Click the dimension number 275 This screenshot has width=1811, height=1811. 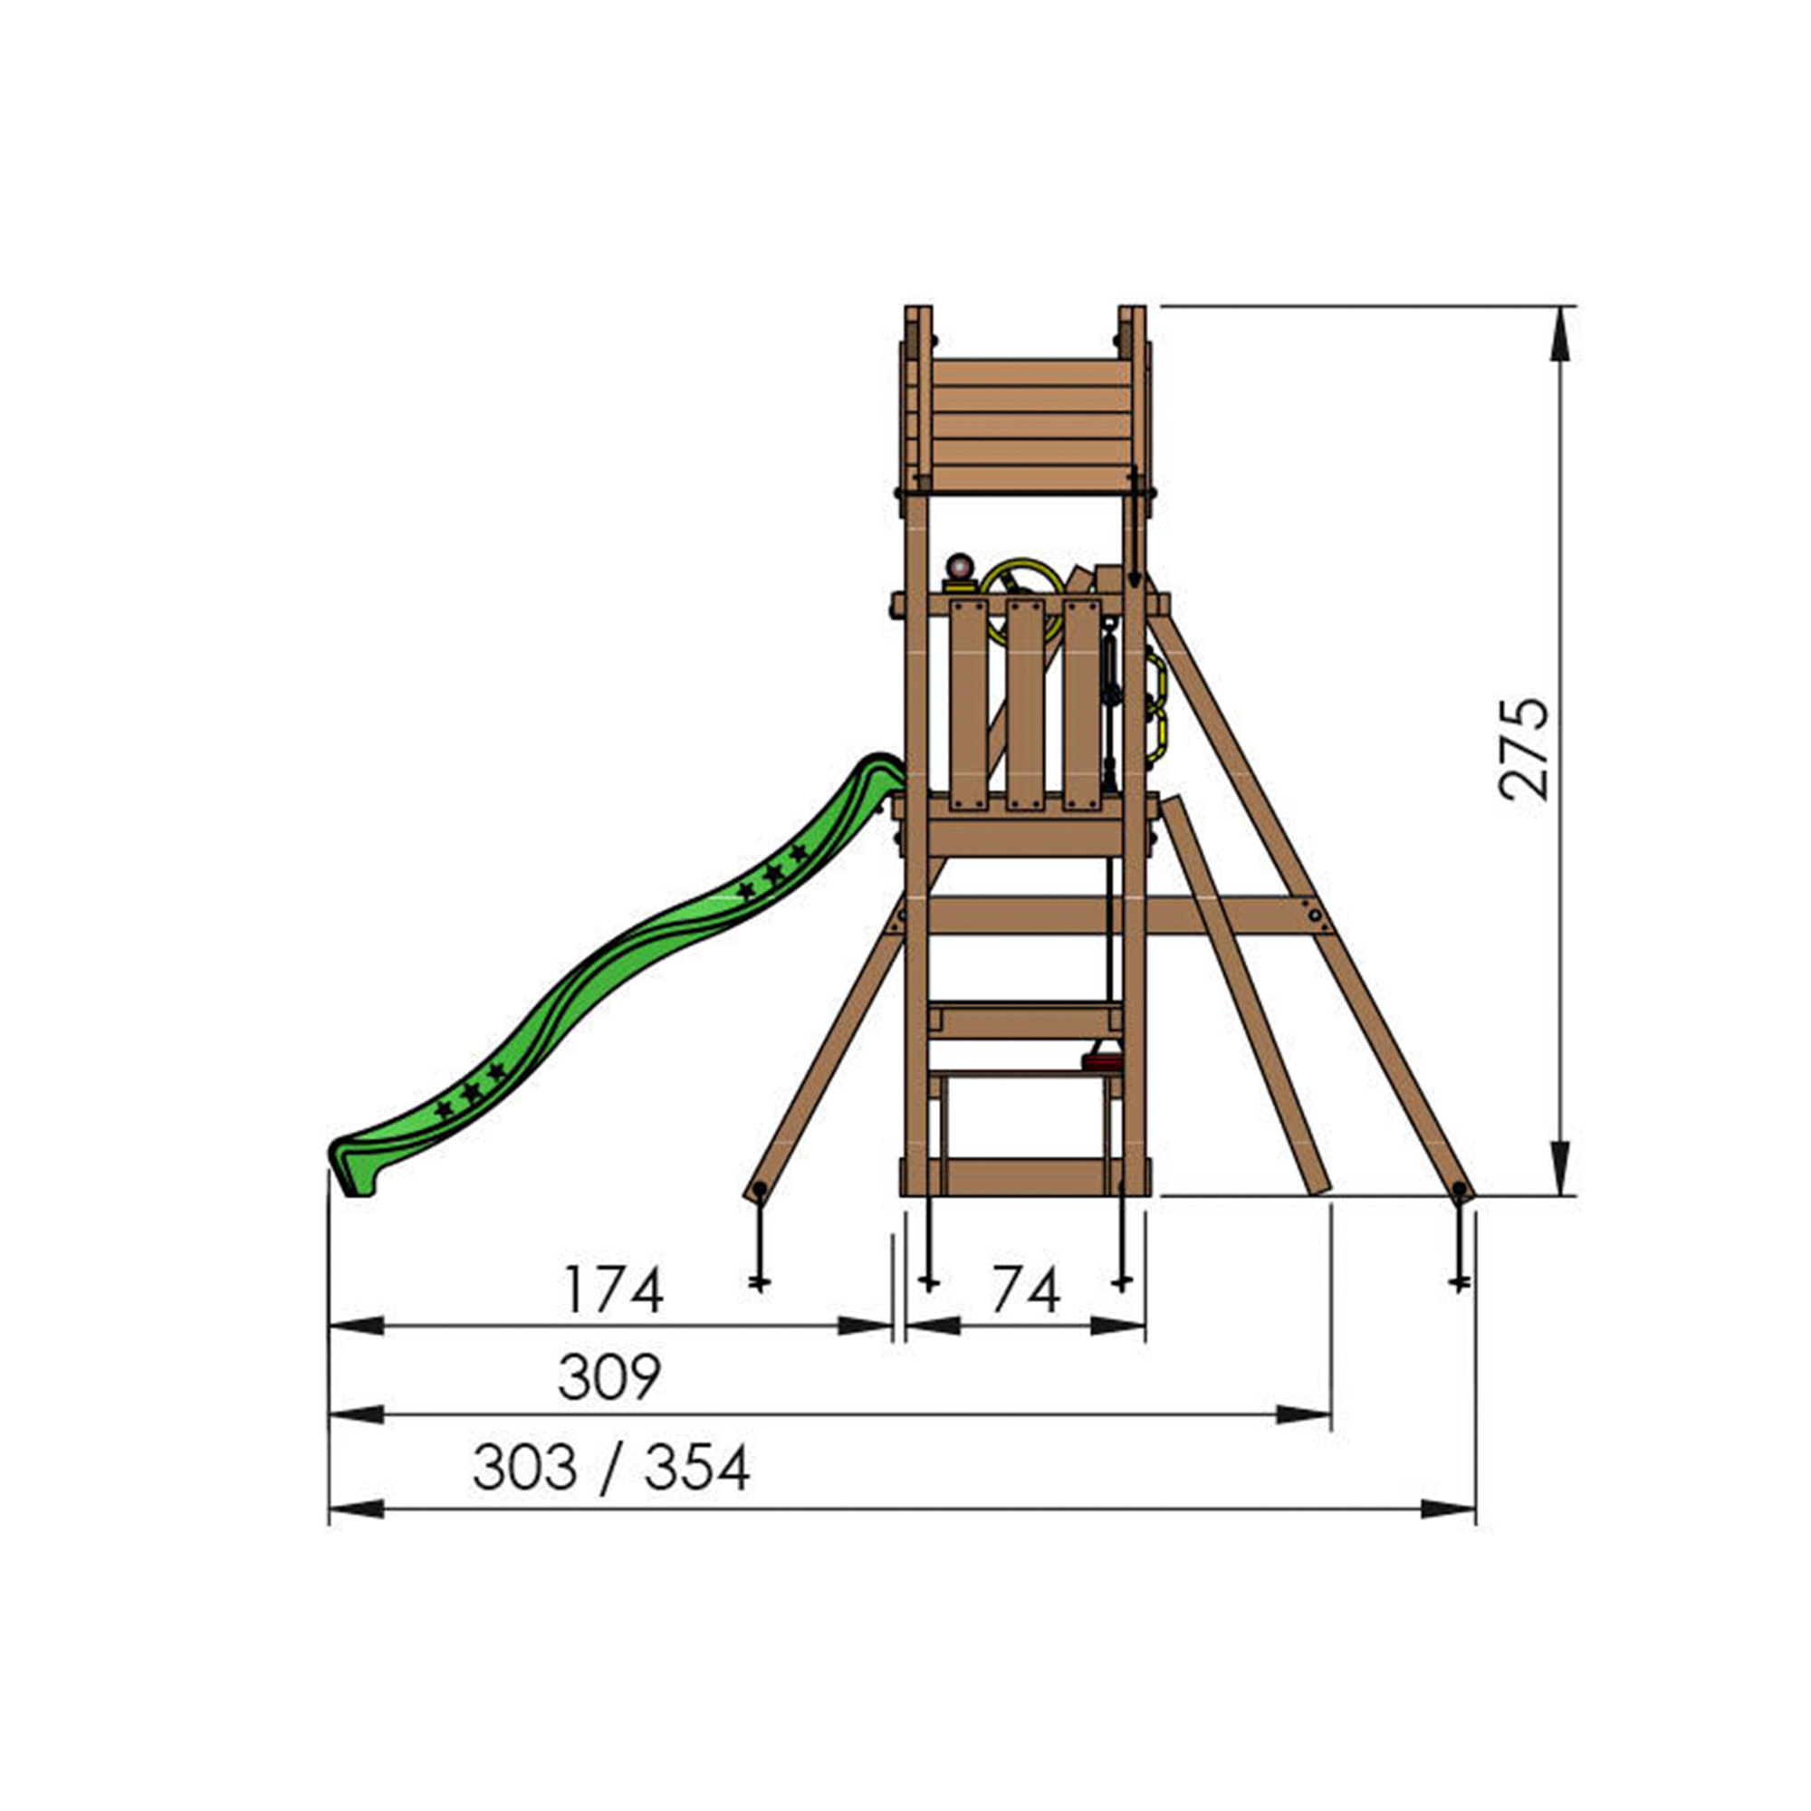tap(1522, 748)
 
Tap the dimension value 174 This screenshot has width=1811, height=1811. tap(614, 1289)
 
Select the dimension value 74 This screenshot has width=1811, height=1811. tap(1026, 1289)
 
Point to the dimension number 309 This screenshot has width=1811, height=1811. tap(609, 1377)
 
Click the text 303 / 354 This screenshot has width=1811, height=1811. tap(611, 1468)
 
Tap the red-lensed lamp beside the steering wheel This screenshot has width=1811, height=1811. tap(960, 570)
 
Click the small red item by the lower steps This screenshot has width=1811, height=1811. tap(1102, 1062)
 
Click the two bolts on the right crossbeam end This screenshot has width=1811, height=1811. tap(1316, 915)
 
